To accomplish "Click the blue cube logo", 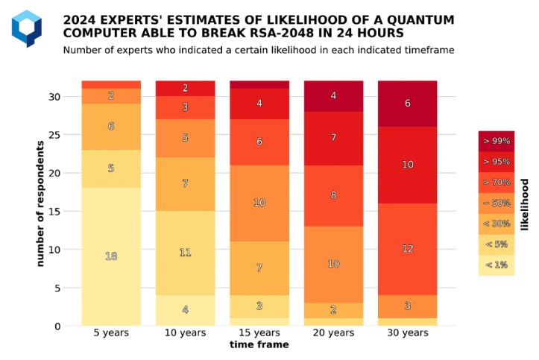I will point(27,28).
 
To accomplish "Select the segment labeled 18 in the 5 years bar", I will point(111,256).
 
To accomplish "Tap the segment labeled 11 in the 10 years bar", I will point(185,253).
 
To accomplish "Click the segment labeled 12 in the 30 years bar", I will point(407,249).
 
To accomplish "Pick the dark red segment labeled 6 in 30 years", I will point(407,104).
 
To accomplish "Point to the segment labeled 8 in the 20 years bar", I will point(333,195).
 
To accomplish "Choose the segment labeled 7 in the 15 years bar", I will point(259,268).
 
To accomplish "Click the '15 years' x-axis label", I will point(259,333).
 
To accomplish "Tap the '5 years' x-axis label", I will point(111,333).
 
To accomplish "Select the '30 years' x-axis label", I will point(407,333).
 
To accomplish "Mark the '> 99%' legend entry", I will point(497,141).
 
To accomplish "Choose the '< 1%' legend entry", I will point(497,265).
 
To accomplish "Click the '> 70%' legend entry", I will point(497,183).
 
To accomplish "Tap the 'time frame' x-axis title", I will point(259,345).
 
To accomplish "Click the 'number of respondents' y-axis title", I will point(40,203).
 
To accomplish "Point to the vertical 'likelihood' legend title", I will point(525,204).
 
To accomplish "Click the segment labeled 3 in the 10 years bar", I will point(185,107).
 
